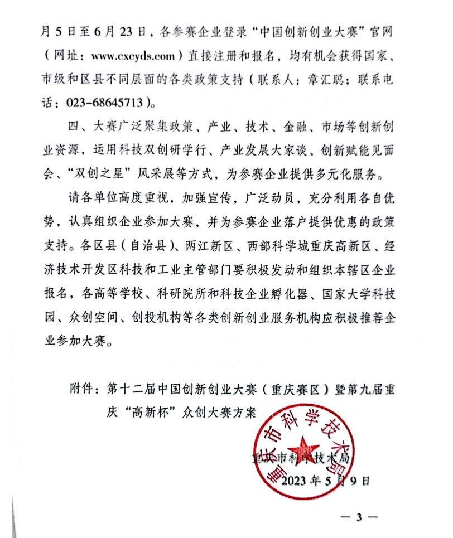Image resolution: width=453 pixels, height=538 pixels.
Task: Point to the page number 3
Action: click(x=360, y=517)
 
